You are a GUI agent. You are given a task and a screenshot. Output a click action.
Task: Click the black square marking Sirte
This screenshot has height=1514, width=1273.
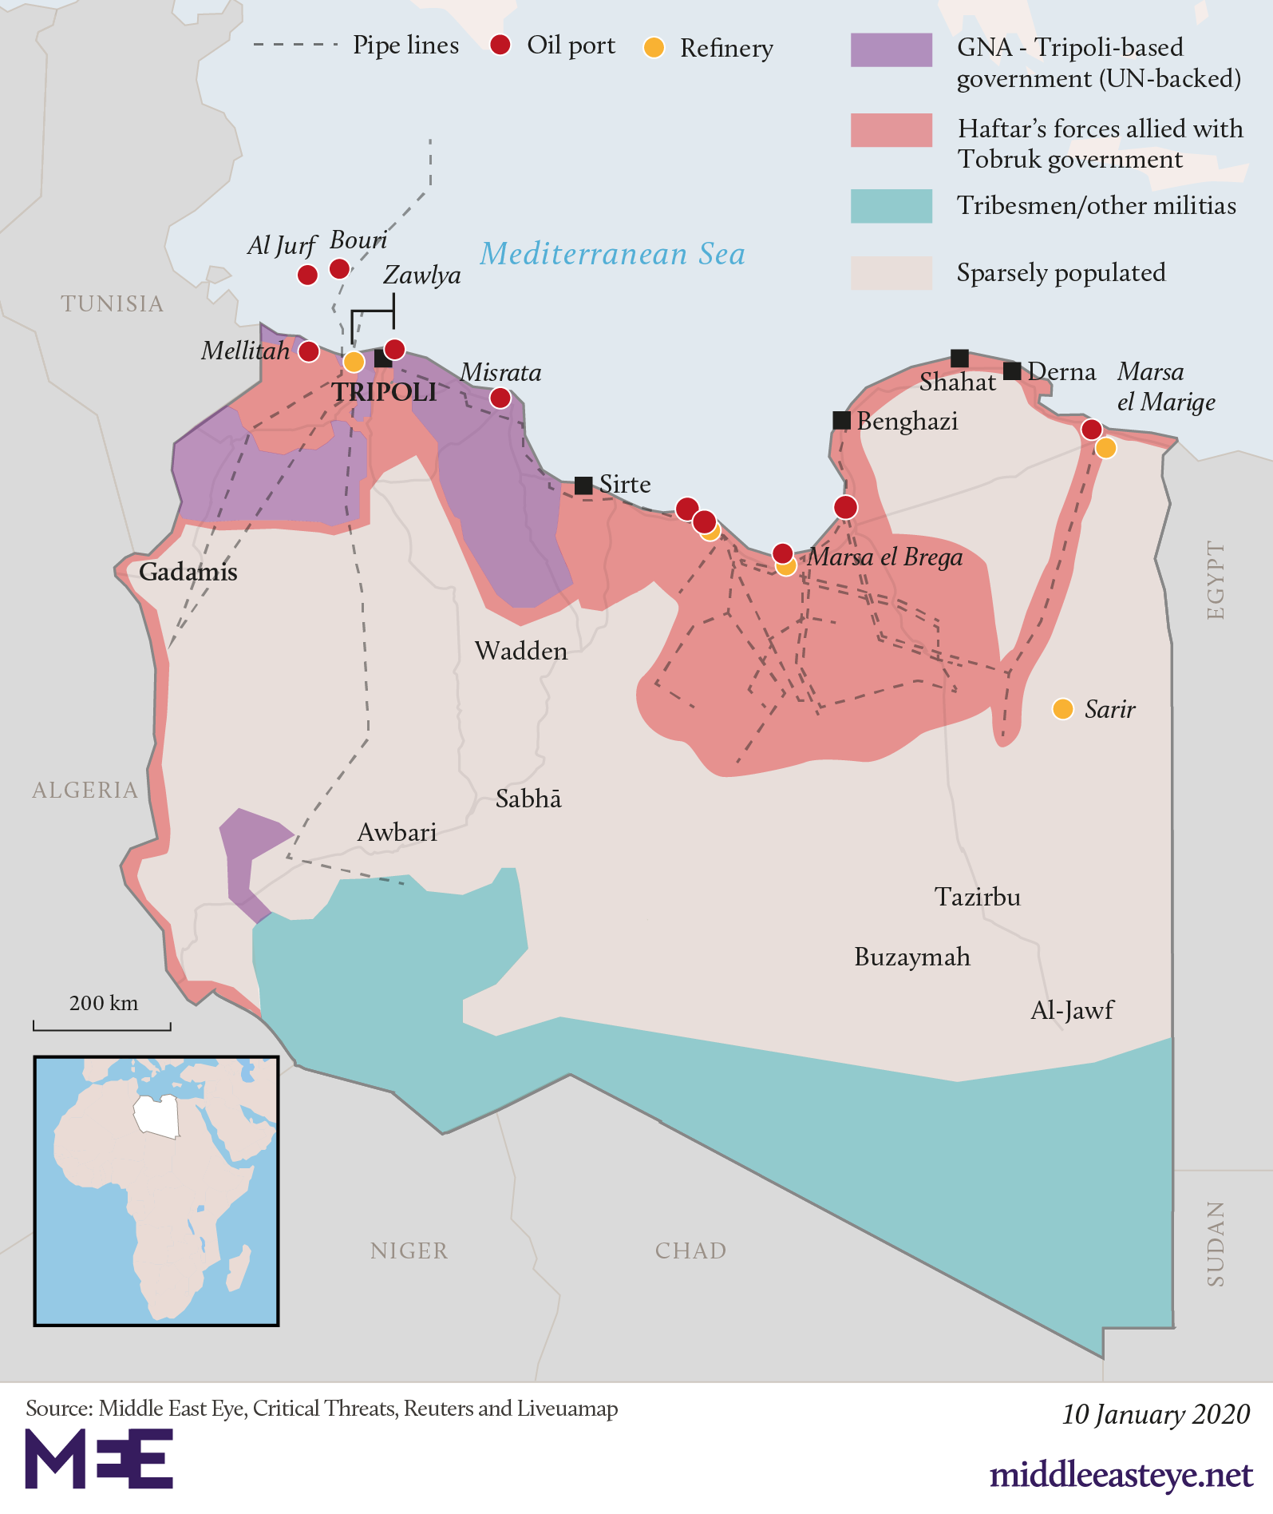pos(583,485)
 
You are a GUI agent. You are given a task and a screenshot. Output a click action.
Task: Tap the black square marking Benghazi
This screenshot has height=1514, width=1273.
pos(841,420)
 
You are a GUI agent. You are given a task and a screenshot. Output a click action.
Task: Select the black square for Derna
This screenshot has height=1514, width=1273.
pos(1012,371)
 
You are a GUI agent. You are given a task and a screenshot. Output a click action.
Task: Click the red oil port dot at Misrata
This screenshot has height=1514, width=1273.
pos(500,398)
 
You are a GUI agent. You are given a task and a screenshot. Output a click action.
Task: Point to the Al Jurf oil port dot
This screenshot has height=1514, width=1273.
pos(307,275)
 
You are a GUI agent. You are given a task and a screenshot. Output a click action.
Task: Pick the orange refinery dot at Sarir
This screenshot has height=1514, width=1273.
pos(1062,708)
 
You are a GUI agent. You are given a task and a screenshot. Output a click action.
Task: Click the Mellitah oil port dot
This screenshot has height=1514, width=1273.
pos(309,351)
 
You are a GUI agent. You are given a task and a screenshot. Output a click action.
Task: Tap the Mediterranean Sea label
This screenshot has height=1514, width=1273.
pos(612,254)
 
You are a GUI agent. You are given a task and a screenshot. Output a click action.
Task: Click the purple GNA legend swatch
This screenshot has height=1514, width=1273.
pos(891,50)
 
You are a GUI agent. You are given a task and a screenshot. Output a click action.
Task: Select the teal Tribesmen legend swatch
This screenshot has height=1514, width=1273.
pos(891,206)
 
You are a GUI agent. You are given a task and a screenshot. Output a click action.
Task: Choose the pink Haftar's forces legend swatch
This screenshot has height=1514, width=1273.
pos(891,130)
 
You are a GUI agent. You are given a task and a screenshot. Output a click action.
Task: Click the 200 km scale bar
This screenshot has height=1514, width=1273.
pos(102,1025)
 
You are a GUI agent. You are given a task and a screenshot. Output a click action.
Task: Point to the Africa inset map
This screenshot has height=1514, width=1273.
pos(156,1191)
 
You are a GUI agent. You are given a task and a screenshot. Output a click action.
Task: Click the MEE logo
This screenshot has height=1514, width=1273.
pos(99,1458)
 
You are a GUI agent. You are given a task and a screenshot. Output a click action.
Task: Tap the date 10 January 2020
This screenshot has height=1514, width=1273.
pos(1155,1414)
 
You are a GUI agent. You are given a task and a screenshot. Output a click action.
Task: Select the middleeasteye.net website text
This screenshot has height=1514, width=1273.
pos(1121,1475)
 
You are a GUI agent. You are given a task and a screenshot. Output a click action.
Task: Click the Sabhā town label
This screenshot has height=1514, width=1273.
pos(528,799)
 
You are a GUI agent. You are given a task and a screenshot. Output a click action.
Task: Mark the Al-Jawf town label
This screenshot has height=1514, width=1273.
pos(1072,1010)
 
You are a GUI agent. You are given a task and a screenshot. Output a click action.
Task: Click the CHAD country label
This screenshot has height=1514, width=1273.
pos(690,1250)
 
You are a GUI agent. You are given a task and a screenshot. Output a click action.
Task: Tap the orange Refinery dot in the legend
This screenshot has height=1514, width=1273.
pos(654,48)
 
